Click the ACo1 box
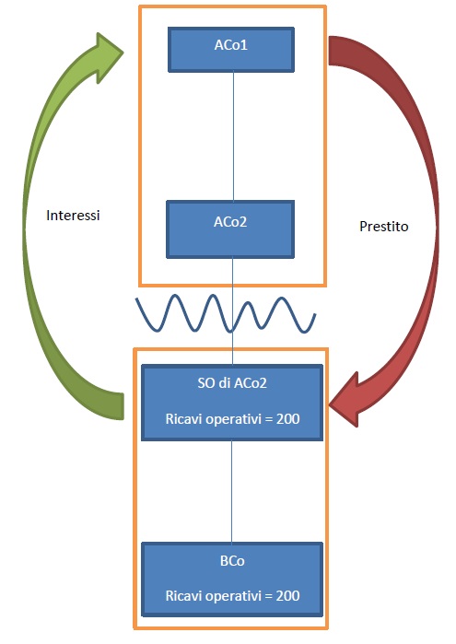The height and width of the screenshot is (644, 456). pyautogui.click(x=231, y=50)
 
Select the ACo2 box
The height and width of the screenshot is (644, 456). pyautogui.click(x=230, y=229)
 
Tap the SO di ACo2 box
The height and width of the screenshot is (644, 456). pyautogui.click(x=232, y=403)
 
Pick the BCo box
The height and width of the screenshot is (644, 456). pyautogui.click(x=232, y=580)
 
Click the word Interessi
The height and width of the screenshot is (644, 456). pyautogui.click(x=73, y=216)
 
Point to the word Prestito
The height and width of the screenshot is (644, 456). pyautogui.click(x=384, y=227)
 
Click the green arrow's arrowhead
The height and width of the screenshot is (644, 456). pyautogui.click(x=110, y=57)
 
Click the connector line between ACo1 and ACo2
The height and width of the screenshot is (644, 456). pyautogui.click(x=233, y=136)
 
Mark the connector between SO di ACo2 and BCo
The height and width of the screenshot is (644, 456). pyautogui.click(x=232, y=491)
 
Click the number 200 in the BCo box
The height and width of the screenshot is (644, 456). pyautogui.click(x=287, y=595)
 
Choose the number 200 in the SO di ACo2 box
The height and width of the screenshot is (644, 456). pyautogui.click(x=287, y=419)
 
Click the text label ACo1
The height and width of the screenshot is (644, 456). pyautogui.click(x=231, y=45)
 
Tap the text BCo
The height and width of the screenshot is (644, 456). pyautogui.click(x=232, y=561)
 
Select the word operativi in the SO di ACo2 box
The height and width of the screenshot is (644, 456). pyautogui.click(x=233, y=419)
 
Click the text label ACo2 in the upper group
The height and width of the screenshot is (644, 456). pyautogui.click(x=230, y=222)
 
